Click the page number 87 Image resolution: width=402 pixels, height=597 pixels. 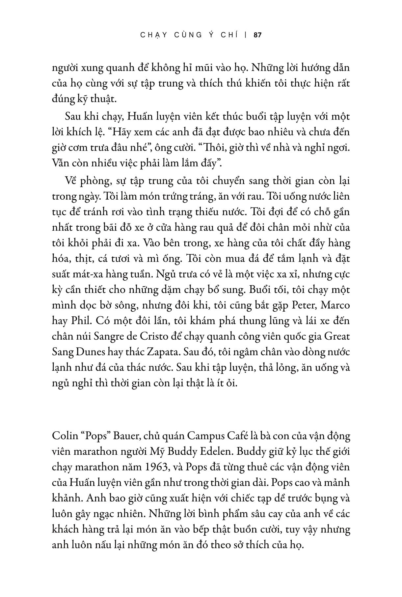[x=258, y=35]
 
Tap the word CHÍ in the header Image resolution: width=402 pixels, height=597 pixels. [x=228, y=35]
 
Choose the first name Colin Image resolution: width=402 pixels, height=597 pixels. [x=64, y=436]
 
